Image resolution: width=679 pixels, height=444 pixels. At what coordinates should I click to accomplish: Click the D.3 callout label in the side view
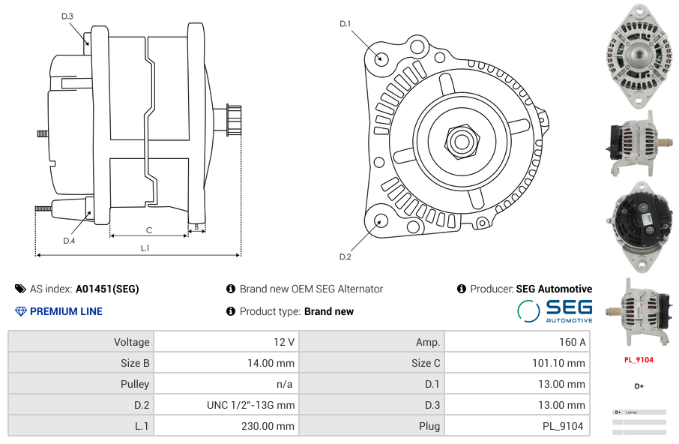[67, 16]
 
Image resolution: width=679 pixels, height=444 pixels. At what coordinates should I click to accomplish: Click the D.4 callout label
[69, 241]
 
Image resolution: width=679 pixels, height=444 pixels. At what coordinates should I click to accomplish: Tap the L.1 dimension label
[145, 248]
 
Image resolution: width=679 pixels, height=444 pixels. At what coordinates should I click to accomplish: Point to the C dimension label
[148, 230]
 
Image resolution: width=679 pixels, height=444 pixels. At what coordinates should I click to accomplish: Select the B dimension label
[196, 226]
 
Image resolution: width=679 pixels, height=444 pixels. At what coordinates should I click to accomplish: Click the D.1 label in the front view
[345, 24]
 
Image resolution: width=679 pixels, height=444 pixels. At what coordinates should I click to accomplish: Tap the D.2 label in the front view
[345, 256]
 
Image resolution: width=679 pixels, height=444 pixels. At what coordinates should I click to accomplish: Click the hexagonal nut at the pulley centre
[460, 139]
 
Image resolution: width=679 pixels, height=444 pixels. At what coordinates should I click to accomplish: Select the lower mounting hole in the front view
[381, 220]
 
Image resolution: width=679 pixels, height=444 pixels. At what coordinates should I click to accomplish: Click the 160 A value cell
[572, 342]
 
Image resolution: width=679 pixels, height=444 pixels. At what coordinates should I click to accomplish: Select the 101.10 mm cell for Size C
[555, 363]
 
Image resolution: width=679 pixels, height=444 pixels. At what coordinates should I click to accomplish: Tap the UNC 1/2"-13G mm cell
[250, 405]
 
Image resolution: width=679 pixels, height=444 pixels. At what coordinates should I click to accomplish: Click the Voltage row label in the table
[131, 342]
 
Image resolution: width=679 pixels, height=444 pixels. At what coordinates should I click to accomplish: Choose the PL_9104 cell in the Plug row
[564, 426]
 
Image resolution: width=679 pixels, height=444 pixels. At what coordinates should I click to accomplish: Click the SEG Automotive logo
[555, 310]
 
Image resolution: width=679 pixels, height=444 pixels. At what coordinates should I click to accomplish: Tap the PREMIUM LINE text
[66, 311]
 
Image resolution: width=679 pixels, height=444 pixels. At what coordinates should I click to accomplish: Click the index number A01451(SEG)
[106, 289]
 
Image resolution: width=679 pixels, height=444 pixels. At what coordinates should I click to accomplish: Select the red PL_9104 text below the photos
[639, 359]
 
